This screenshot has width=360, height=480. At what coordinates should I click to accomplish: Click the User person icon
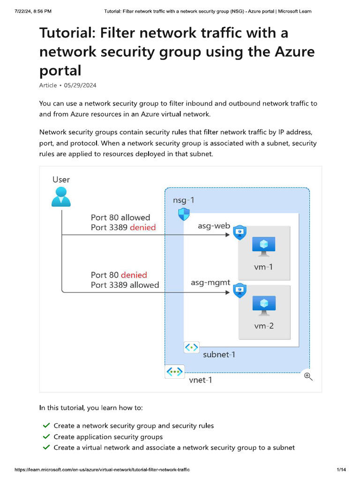[x=61, y=196]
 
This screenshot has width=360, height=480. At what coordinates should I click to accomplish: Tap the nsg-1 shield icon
[x=184, y=215]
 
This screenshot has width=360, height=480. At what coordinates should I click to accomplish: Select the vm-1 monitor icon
[x=263, y=247]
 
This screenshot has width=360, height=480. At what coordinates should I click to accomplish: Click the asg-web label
[x=214, y=226]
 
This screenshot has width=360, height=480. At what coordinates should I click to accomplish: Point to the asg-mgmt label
[x=210, y=283]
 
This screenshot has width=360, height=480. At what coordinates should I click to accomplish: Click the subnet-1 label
[x=219, y=354]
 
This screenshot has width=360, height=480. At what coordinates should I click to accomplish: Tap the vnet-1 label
[x=200, y=380]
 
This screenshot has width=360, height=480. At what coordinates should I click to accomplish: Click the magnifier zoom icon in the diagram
[x=308, y=376]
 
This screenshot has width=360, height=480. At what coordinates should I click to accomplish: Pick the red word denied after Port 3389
[x=142, y=227]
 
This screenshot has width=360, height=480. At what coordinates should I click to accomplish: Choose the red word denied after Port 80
[x=134, y=275]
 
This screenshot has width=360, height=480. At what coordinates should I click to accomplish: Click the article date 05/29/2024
[x=80, y=85]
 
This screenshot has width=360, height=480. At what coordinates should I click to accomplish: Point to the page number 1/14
[x=341, y=470]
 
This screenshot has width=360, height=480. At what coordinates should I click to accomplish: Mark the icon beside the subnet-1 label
[x=192, y=348]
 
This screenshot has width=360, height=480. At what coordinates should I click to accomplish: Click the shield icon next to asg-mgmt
[x=240, y=291]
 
